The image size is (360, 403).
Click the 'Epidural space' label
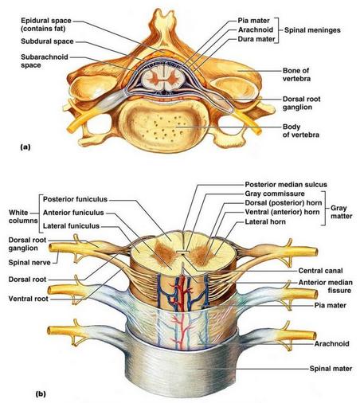tap(46, 21)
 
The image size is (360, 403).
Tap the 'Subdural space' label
tap(47, 41)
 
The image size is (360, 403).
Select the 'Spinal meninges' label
tap(312, 30)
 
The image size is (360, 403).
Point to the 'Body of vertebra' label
tap(301, 131)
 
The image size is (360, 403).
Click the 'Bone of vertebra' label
tap(296, 75)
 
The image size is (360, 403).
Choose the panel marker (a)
tap(25, 147)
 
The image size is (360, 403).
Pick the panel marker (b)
tap(41, 394)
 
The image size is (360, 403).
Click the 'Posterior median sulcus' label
tap(286, 185)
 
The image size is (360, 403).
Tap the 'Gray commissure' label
tap(275, 194)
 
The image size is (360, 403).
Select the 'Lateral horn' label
tap(265, 221)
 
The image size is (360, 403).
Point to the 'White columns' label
tap(23, 217)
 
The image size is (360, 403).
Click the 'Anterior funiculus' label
tap(73, 213)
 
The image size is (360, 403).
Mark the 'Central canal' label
tap(320, 271)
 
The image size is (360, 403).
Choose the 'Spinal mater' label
tap(331, 369)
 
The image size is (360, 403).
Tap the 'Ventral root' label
tap(29, 299)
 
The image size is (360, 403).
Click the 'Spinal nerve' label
tap(29, 263)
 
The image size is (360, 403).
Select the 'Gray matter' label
tap(341, 212)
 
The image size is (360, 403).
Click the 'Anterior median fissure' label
tap(326, 286)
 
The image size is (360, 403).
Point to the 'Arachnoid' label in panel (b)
tap(331, 344)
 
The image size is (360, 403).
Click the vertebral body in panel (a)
tap(162, 125)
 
